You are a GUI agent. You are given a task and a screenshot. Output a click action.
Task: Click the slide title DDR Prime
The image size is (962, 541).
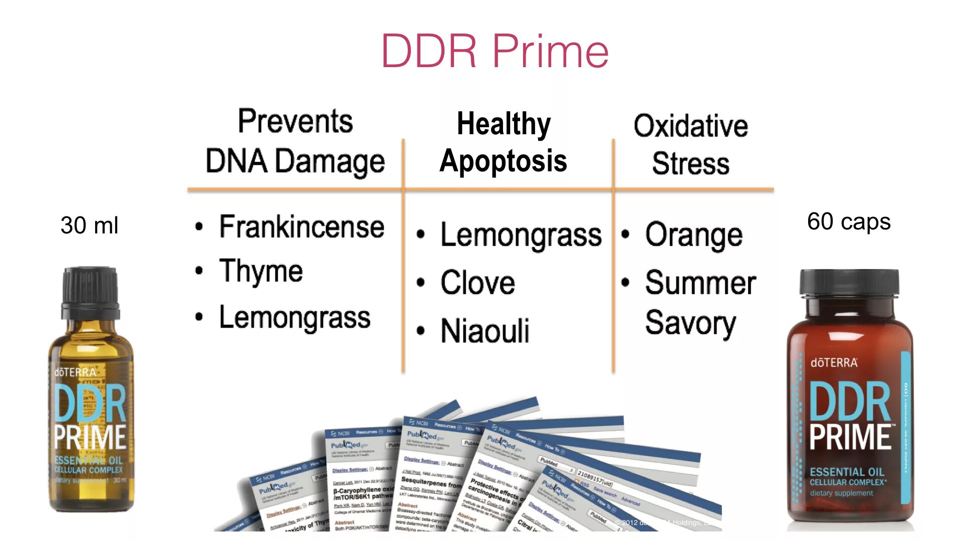(495, 51)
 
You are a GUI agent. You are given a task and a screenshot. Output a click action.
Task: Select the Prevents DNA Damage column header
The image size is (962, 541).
(295, 142)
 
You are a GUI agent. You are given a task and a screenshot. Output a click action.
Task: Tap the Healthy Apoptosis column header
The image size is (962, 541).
(503, 143)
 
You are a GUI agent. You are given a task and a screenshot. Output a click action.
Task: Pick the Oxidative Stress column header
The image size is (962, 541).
(690, 145)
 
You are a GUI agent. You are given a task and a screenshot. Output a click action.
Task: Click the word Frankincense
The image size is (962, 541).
(302, 227)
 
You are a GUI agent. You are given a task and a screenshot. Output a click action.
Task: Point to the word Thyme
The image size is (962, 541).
(261, 272)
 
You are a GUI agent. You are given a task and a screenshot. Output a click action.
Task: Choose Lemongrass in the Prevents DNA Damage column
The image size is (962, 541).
(295, 318)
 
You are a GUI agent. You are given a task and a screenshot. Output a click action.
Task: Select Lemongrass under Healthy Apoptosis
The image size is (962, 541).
(521, 235)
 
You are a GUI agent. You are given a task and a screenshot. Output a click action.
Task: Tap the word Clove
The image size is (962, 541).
(477, 283)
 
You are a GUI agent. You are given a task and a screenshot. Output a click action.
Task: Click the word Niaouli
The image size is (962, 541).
(485, 331)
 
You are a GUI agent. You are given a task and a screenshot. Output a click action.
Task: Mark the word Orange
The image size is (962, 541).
(694, 235)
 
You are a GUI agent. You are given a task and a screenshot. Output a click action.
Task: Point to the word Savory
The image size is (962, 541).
(690, 323)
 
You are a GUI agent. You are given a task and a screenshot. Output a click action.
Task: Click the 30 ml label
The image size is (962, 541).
(89, 225)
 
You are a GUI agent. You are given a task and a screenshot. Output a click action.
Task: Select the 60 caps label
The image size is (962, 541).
(849, 221)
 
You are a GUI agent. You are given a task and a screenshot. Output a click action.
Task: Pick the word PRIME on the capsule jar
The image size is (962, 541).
(850, 437)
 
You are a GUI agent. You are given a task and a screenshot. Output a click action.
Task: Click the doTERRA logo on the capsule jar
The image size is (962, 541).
(834, 363)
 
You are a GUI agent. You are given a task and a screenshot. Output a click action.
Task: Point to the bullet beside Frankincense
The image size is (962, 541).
(199, 227)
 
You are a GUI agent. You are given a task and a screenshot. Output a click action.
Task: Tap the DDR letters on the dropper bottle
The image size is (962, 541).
(90, 404)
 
